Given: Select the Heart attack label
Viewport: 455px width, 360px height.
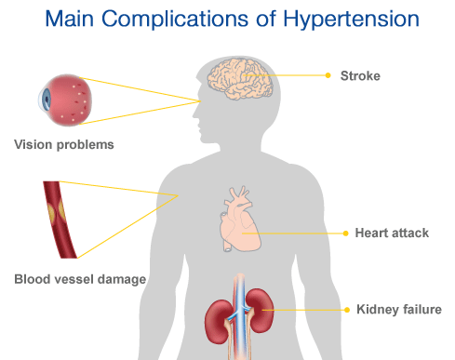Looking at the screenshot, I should click(x=391, y=233).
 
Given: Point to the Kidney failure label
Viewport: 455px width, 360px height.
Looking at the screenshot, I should click(x=397, y=309).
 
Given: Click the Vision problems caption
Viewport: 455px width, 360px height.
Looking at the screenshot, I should click(x=63, y=145).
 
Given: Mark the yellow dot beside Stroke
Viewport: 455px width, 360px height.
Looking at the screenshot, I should click(x=328, y=74).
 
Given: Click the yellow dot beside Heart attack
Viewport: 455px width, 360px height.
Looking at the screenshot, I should click(x=344, y=233).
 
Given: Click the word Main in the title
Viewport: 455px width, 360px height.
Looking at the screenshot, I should click(x=87, y=19).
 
